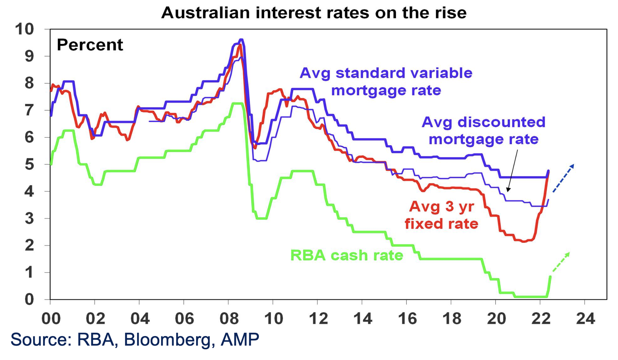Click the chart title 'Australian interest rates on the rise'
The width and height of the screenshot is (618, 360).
[x=314, y=13]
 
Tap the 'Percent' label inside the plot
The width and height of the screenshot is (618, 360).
[x=90, y=45]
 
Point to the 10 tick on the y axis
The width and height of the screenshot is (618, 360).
[x=24, y=29]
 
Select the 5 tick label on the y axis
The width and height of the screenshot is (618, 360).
[x=29, y=164]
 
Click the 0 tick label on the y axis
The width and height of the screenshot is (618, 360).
[x=29, y=300]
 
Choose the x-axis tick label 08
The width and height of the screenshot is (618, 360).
[x=229, y=318]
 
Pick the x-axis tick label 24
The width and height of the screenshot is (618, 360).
[x=585, y=318]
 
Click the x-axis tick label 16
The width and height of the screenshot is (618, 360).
[x=407, y=318]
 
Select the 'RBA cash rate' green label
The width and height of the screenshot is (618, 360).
[x=346, y=255]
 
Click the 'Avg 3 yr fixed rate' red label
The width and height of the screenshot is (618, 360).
[x=441, y=215]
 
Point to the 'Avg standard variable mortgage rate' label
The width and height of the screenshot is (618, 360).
[x=386, y=82]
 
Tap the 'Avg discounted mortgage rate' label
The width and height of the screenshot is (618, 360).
[x=483, y=131]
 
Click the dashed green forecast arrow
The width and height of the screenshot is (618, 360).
[x=561, y=262]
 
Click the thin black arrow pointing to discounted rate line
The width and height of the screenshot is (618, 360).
[x=513, y=170]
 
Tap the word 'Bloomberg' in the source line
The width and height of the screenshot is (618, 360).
[x=169, y=339]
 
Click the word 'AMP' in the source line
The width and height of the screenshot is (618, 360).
[x=240, y=339]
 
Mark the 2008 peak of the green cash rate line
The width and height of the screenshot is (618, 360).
[x=237, y=103]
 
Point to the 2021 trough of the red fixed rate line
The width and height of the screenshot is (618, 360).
[x=524, y=241]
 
